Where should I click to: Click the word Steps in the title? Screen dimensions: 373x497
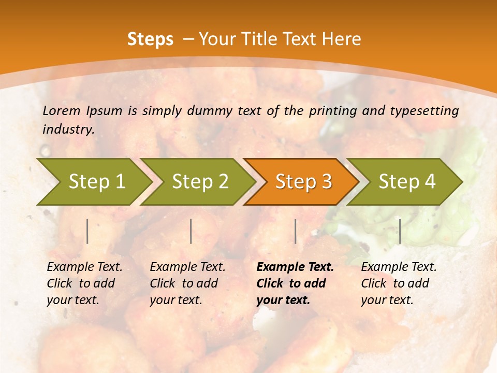(150, 39)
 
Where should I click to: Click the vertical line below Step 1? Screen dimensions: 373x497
(87, 231)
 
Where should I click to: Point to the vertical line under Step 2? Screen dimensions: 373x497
(191, 231)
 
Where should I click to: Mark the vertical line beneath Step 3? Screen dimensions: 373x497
(295, 231)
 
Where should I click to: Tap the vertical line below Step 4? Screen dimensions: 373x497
(400, 231)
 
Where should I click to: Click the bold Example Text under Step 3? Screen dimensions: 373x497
(295, 283)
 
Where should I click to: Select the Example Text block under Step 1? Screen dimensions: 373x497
(84, 283)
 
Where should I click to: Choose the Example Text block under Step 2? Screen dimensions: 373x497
(187, 283)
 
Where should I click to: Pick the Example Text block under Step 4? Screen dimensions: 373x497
(399, 283)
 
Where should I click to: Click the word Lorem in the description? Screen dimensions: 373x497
(62, 111)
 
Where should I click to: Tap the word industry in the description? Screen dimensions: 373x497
(68, 129)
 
